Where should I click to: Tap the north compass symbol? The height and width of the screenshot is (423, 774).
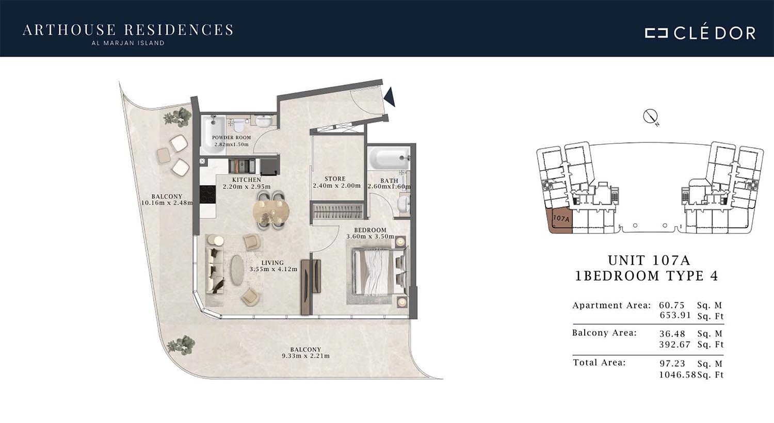[x=650, y=117]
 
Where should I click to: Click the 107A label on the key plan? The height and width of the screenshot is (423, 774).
[x=561, y=219]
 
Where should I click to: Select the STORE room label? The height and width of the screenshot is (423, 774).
[x=335, y=178]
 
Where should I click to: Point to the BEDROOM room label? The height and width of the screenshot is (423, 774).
[x=370, y=230]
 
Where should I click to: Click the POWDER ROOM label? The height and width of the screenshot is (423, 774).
[x=231, y=137]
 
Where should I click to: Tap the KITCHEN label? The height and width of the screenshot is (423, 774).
[x=246, y=180]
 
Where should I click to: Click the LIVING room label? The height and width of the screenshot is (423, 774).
[x=272, y=263]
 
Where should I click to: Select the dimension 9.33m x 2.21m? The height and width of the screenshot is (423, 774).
[x=305, y=356]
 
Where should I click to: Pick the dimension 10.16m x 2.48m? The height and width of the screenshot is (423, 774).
[x=167, y=203]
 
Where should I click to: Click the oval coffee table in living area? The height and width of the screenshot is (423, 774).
[x=237, y=270]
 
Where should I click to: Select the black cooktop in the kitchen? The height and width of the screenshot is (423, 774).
[x=207, y=194]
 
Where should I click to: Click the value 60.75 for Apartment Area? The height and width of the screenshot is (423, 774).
[x=672, y=305]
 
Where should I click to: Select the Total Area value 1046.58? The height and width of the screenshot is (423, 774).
[x=677, y=375]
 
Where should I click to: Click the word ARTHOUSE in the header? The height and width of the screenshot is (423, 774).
[x=69, y=30]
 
